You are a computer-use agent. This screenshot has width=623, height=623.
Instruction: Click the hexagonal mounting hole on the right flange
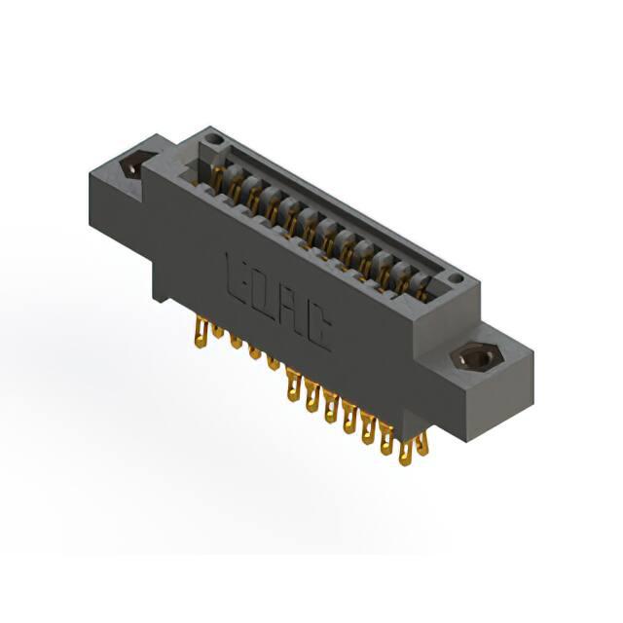click(478, 358)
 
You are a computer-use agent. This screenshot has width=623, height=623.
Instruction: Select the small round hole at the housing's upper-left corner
click(214, 140)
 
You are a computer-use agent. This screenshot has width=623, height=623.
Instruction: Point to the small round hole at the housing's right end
click(457, 277)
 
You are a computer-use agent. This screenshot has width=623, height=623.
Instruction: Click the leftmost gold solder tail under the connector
click(202, 334)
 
